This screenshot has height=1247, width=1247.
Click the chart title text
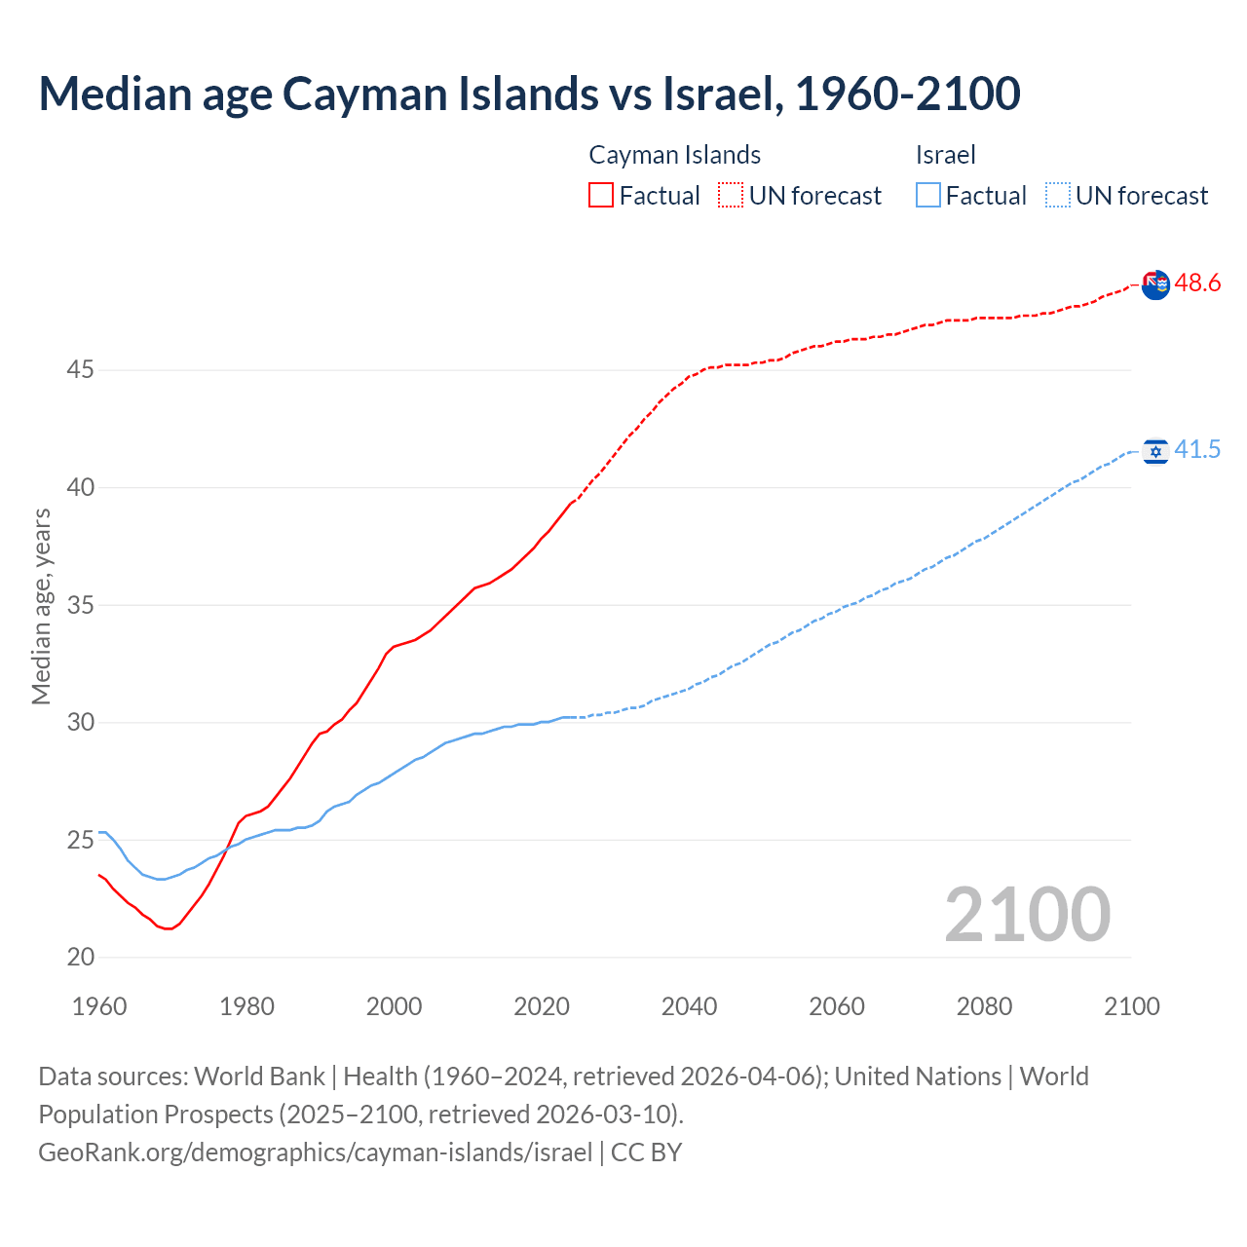coord(529,94)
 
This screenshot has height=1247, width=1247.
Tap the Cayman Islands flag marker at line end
coord(1155,285)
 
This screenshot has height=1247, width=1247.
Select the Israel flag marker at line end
coord(1155,451)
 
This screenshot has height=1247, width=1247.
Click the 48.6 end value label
coord(1197,283)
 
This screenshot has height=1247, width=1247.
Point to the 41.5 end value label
coord(1197,449)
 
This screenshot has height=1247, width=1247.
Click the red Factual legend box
coord(601,195)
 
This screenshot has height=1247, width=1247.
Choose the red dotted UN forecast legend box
coord(731,195)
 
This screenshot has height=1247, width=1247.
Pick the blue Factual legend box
coord(928,195)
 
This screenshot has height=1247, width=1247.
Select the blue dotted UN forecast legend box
coord(1057,195)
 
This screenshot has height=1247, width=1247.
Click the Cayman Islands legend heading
coord(674,155)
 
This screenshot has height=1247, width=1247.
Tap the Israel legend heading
coord(945,155)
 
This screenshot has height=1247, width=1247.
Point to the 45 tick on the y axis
coord(81,370)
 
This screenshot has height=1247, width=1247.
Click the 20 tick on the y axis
coord(81,957)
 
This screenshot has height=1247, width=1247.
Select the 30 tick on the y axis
coord(81,722)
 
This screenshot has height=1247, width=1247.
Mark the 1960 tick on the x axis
coord(99,1006)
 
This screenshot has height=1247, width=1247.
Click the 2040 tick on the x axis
coord(689,1006)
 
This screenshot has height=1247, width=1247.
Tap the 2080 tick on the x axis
coord(984,1006)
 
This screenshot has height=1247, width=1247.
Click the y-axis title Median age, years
coord(41,606)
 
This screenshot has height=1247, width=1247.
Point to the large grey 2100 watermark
coord(1027,914)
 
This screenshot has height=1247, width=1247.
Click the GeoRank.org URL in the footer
coord(315,1152)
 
